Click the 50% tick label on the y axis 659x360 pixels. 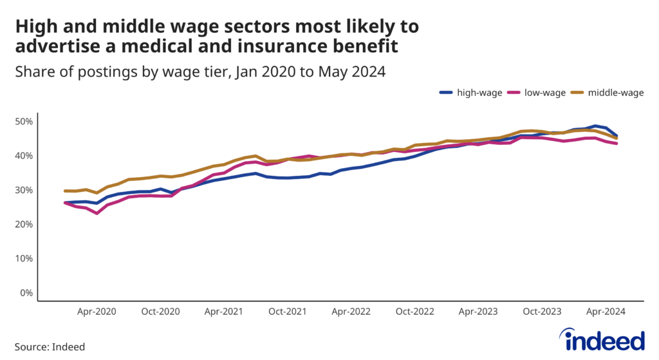(x=24, y=122)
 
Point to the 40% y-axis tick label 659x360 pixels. (x=24, y=156)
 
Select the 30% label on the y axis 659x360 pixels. (x=24, y=190)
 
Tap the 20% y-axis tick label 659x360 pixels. (x=24, y=224)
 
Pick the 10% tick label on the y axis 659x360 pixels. (x=24, y=259)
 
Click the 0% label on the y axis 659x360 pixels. (x=27, y=293)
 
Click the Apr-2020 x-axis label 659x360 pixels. (x=97, y=311)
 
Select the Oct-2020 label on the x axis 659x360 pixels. (x=160, y=311)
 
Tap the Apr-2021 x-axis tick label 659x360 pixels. (x=223, y=311)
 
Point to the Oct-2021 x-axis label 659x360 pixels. (x=287, y=311)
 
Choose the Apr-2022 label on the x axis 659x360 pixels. (x=350, y=311)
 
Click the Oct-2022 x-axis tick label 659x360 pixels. (x=414, y=311)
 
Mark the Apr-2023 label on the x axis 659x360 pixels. (x=478, y=311)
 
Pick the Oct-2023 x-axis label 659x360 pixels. (x=541, y=311)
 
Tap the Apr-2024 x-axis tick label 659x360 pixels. (x=605, y=311)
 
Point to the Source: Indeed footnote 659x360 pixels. (x=50, y=346)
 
